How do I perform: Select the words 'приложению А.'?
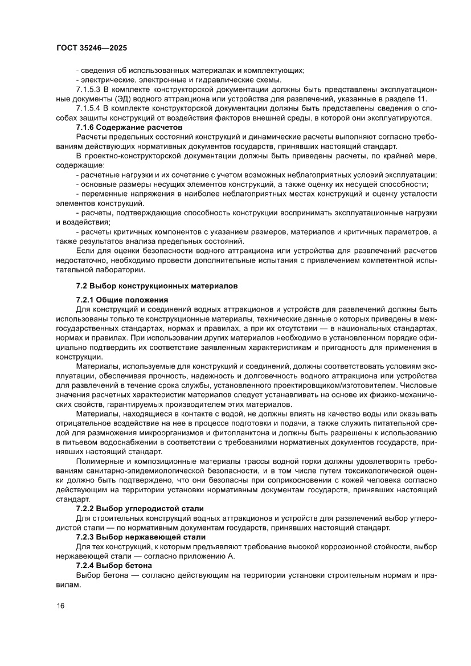210,556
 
